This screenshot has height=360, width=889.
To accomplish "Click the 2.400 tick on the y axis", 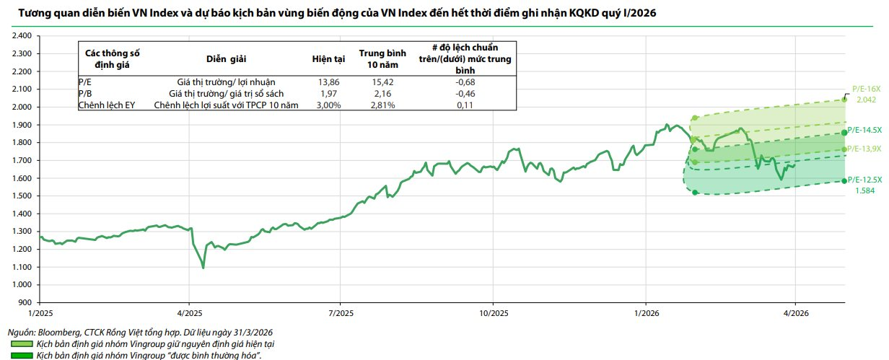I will [20, 35].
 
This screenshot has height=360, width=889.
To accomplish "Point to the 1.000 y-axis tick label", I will [20, 285].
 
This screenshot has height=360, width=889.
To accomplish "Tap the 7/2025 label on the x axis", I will [340, 312].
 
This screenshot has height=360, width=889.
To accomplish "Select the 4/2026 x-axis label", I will [794, 312].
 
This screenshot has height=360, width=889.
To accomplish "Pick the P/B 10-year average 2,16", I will [382, 94].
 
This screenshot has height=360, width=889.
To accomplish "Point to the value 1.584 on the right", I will [864, 190].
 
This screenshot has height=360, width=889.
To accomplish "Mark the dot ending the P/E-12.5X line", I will [844, 181].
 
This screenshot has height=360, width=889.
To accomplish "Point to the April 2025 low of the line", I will [203, 268].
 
